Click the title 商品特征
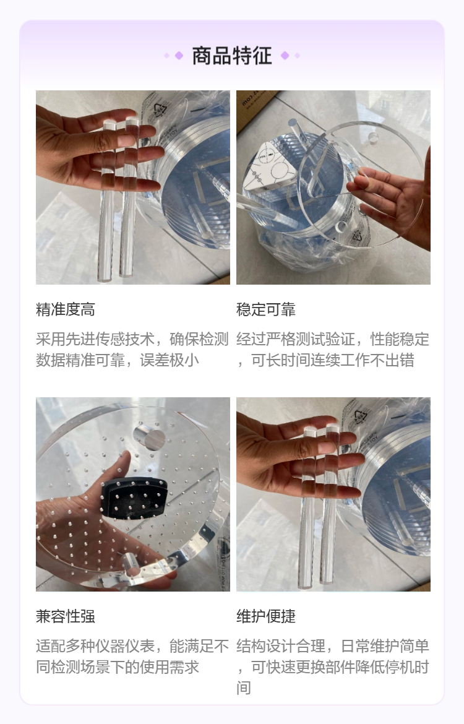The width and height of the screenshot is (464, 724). (x=232, y=56)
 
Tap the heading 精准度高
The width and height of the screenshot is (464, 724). (x=66, y=309)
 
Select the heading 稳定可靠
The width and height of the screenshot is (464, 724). (x=266, y=309)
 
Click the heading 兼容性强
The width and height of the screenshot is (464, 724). (x=66, y=616)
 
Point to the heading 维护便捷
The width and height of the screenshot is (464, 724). (x=266, y=616)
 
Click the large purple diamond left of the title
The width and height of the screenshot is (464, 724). (x=179, y=56)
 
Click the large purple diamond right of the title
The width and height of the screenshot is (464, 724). (x=285, y=56)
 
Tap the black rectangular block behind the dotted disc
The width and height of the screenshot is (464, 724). (x=134, y=498)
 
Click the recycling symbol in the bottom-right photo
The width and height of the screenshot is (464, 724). (x=361, y=416)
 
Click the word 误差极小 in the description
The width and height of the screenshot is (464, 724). (x=170, y=360)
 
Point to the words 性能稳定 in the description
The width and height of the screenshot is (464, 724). (x=400, y=339)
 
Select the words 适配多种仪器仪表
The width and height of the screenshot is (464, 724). (x=95, y=647)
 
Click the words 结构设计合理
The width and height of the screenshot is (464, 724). (x=281, y=647)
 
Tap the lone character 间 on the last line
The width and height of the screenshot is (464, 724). (x=244, y=688)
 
